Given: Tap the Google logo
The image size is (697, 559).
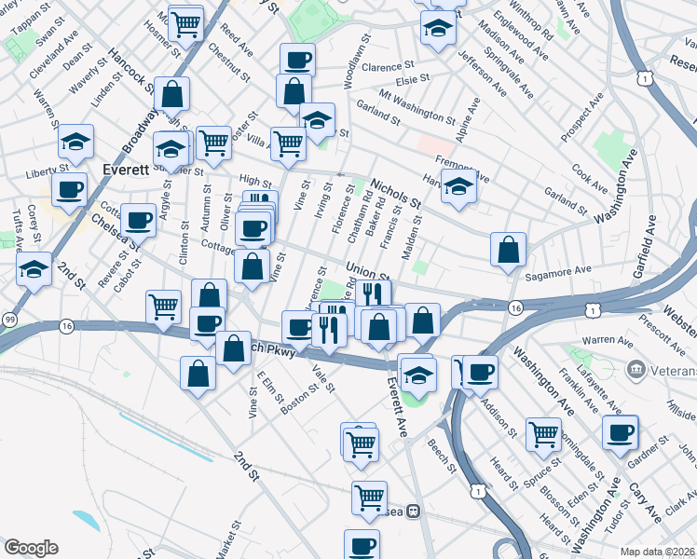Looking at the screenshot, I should pos(30,548).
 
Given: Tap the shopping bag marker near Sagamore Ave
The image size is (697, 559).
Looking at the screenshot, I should pos(508,250).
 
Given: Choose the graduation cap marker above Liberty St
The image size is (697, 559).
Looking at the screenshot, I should pos(75,143).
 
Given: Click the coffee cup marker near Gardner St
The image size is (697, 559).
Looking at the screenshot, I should pos(621,432).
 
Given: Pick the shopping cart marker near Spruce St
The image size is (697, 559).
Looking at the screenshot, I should pos(543,433).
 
